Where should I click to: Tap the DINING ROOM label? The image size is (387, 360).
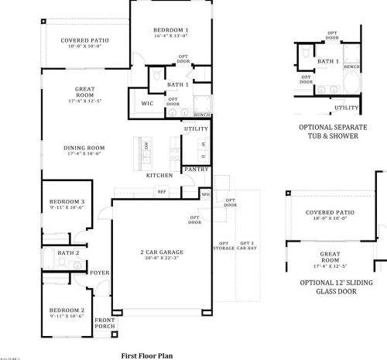[84, 148]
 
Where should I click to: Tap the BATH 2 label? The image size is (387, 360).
[69, 252]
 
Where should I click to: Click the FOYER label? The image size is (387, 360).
[100, 273]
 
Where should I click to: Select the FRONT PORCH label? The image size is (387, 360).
[104, 323]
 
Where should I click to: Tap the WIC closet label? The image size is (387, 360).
[147, 103]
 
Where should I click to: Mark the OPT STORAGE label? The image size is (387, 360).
[224, 245]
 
